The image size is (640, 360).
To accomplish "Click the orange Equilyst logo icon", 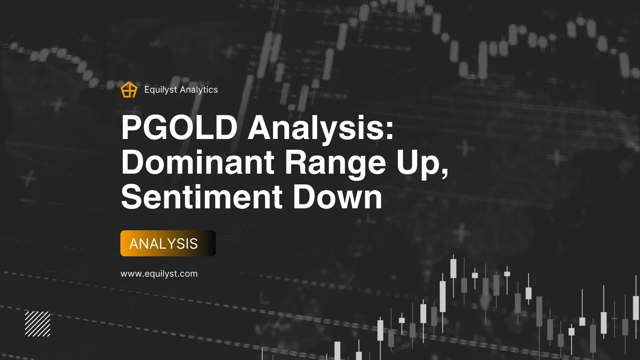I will click(x=129, y=90).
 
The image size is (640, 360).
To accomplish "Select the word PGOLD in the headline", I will click(x=179, y=128).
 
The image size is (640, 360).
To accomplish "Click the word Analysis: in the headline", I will click(x=321, y=128).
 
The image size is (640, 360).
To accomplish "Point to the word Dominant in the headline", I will click(x=198, y=162).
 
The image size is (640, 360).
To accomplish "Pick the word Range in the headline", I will click(x=335, y=162).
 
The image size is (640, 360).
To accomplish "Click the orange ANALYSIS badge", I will click(x=168, y=243).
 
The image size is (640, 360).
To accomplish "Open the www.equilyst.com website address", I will click(x=159, y=274).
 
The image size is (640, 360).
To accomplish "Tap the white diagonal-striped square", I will click(x=38, y=324).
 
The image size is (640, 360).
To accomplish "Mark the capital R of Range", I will click(x=296, y=162).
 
